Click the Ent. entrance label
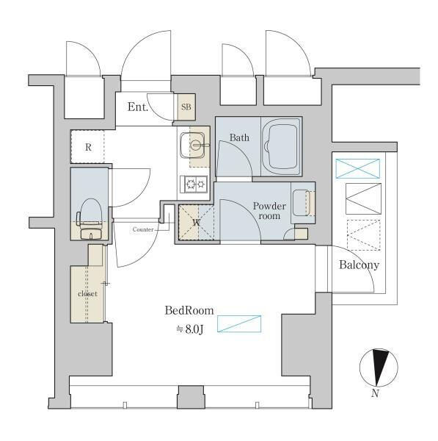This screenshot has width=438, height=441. pyautogui.click(x=138, y=107)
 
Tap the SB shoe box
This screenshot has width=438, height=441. pyautogui.click(x=186, y=107)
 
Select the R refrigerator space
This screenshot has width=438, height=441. pyautogui.click(x=87, y=146)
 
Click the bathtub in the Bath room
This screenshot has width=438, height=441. pyautogui.click(x=281, y=146)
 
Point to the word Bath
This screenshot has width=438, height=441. pyautogui.click(x=239, y=137)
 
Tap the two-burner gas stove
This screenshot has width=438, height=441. pyautogui.click(x=194, y=184)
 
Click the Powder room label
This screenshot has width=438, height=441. pyautogui.click(x=269, y=211)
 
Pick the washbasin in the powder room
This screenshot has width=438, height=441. pyautogui.click(x=301, y=203)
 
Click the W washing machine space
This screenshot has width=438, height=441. pyautogui.click(x=197, y=223)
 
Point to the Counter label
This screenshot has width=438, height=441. pyautogui.click(x=143, y=229)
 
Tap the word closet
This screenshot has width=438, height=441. pyautogui.click(x=87, y=293)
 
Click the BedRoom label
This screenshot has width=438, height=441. pyautogui.click(x=189, y=311)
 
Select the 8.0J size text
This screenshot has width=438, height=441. pyautogui.click(x=190, y=329)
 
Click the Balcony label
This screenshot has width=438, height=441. pyautogui.click(x=359, y=265)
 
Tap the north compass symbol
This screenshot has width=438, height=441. pyautogui.click(x=379, y=367)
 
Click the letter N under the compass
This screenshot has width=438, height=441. pyautogui.click(x=375, y=393)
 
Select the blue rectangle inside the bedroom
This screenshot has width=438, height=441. pyautogui.click(x=239, y=323)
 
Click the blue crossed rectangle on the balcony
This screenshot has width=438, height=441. pyautogui.click(x=358, y=168)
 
